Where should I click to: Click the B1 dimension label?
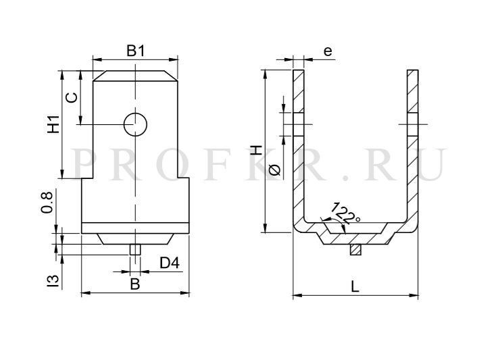click(136, 51)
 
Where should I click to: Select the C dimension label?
click(72, 97)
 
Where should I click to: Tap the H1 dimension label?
click(54, 124)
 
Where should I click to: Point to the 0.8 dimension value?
click(47, 203)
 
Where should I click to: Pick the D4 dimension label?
click(170, 263)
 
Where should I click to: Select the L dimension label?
click(355, 286)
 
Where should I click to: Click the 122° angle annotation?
click(345, 213)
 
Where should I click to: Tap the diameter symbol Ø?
click(275, 170)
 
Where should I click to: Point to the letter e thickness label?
click(328, 51)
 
